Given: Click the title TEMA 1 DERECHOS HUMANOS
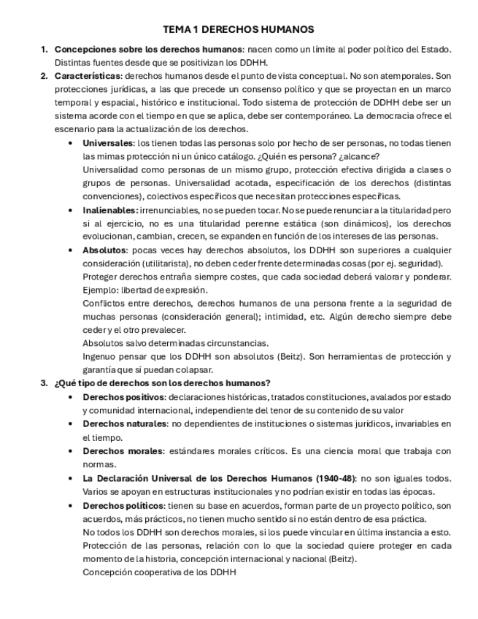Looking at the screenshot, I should (239, 30).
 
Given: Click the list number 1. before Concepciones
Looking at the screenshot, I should (45, 50).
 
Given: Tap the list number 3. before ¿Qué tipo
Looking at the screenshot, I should (45, 383).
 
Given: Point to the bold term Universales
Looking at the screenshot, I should (108, 143).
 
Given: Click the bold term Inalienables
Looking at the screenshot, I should (110, 210).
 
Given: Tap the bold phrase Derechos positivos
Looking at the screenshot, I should (123, 397).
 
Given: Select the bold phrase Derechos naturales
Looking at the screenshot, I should (125, 423).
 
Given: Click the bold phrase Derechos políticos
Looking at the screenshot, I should (123, 505).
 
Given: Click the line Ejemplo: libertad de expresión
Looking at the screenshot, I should (144, 290).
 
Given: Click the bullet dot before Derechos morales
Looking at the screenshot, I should (70, 451).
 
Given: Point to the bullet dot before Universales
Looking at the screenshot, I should (70, 143).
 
